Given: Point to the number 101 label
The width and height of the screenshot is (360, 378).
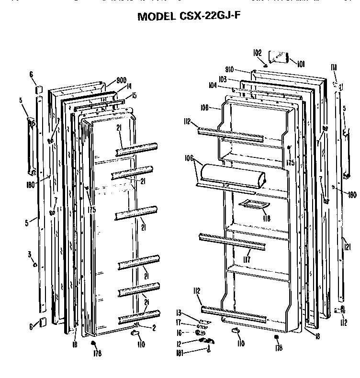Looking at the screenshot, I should (x=301, y=63).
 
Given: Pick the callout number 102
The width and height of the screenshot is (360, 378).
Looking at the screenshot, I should (x=257, y=53).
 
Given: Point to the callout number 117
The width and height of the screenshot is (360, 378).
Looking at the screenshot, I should (x=247, y=260).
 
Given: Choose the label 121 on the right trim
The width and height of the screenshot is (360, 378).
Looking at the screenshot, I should (x=347, y=247).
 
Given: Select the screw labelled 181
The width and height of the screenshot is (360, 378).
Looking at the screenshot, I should (x=209, y=350).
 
